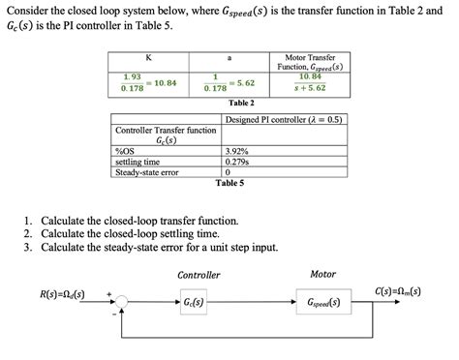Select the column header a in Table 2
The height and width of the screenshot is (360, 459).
point(229,57)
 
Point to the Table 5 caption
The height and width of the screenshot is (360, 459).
point(229,183)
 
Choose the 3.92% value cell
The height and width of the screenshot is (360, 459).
point(237,152)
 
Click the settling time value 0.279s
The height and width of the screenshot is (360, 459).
point(237,163)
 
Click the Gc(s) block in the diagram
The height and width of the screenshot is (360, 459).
point(193,303)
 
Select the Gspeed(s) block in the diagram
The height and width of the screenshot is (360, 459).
point(322,303)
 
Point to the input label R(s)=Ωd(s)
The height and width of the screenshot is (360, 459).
point(62,293)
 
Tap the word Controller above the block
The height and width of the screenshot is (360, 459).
point(199,275)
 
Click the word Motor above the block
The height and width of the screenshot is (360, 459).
point(322,274)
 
